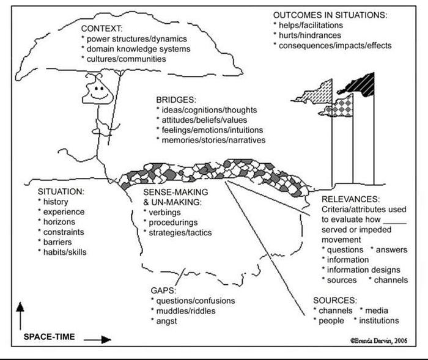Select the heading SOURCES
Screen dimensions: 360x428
(335, 301)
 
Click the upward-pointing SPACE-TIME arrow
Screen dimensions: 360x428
(20, 312)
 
